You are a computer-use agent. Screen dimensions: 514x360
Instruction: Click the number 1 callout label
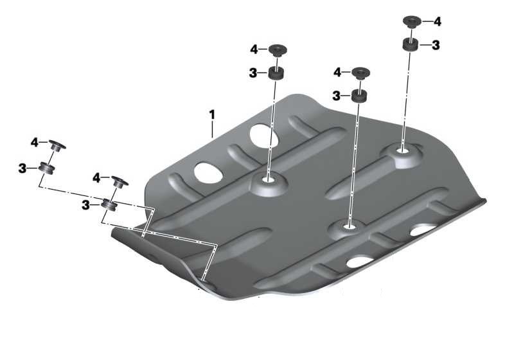tap(212, 115)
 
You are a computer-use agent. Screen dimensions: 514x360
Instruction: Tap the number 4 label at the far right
tap(437, 22)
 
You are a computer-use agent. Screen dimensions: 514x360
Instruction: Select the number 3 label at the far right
tap(436, 45)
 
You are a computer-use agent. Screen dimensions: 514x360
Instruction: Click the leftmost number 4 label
tap(35, 143)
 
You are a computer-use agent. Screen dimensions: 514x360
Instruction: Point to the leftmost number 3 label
tap(22, 169)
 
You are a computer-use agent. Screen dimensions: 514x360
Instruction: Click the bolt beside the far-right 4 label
tap(412, 21)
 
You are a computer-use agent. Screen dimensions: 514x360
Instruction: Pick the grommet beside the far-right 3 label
tap(410, 44)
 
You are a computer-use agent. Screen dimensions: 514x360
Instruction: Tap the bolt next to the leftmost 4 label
tap(57, 145)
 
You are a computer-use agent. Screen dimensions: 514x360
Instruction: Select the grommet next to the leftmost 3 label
tap(46, 168)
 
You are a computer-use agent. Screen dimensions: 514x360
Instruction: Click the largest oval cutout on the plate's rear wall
tap(264, 136)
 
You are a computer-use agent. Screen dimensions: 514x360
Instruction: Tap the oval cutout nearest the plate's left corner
tap(208, 172)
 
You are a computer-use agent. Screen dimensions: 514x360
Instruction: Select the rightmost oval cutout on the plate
tap(423, 230)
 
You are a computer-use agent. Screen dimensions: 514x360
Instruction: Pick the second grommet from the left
tap(109, 204)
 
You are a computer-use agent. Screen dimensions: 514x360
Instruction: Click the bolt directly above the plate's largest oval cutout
tap(278, 51)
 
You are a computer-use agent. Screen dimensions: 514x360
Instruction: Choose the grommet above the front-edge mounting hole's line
tap(359, 96)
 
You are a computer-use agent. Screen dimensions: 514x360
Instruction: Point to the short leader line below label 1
tap(212, 129)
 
